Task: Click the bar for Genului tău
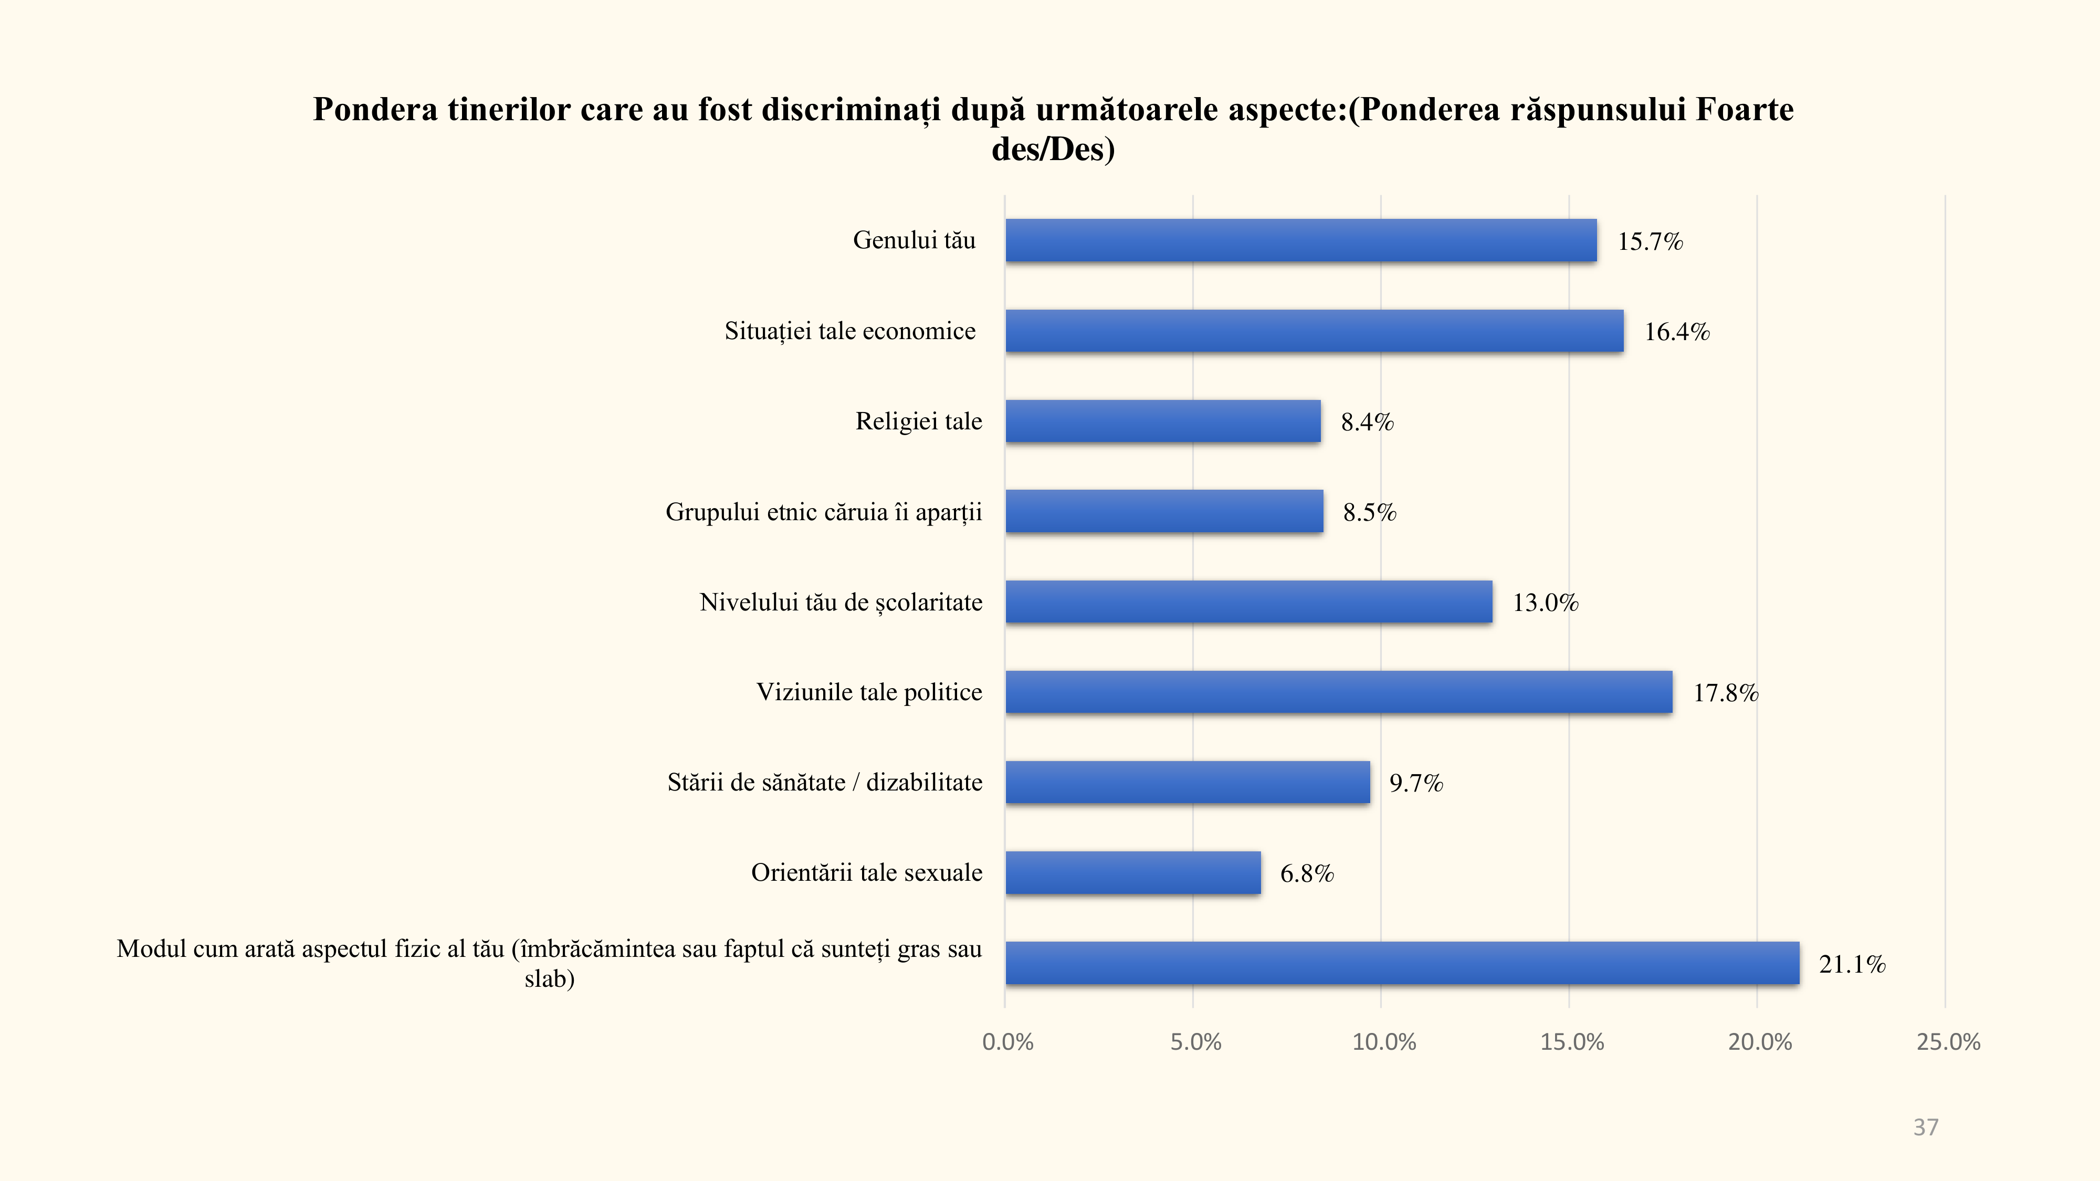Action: click(1300, 240)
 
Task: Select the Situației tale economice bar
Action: click(1314, 331)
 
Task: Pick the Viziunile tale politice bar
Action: click(1339, 692)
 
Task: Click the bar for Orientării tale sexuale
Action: click(1133, 873)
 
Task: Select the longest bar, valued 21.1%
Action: click(1402, 963)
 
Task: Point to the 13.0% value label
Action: click(1546, 603)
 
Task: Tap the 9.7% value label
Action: click(1416, 783)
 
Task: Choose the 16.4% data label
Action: click(1677, 332)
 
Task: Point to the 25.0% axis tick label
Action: click(1948, 1041)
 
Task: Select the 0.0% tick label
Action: click(1007, 1041)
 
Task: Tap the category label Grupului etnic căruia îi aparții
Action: click(823, 512)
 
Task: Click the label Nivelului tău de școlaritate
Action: click(841, 603)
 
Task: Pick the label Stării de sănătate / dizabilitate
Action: click(824, 783)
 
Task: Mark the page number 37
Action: click(1926, 1127)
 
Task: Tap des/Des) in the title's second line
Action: click(1053, 149)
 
